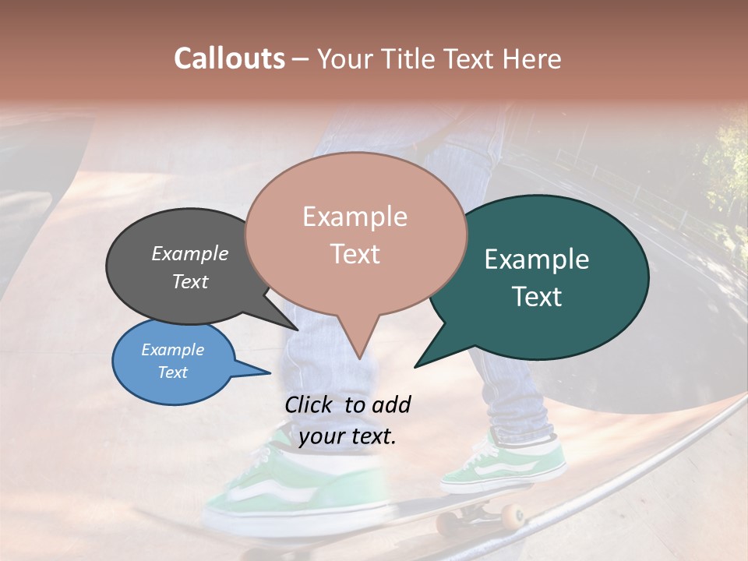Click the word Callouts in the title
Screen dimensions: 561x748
tap(229, 58)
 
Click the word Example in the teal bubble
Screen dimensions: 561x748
tap(537, 259)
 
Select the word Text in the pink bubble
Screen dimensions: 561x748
tap(355, 254)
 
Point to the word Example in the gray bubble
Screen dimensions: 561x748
tap(190, 253)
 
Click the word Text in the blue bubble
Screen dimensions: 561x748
tap(173, 372)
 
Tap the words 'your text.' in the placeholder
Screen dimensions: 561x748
tap(348, 436)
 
